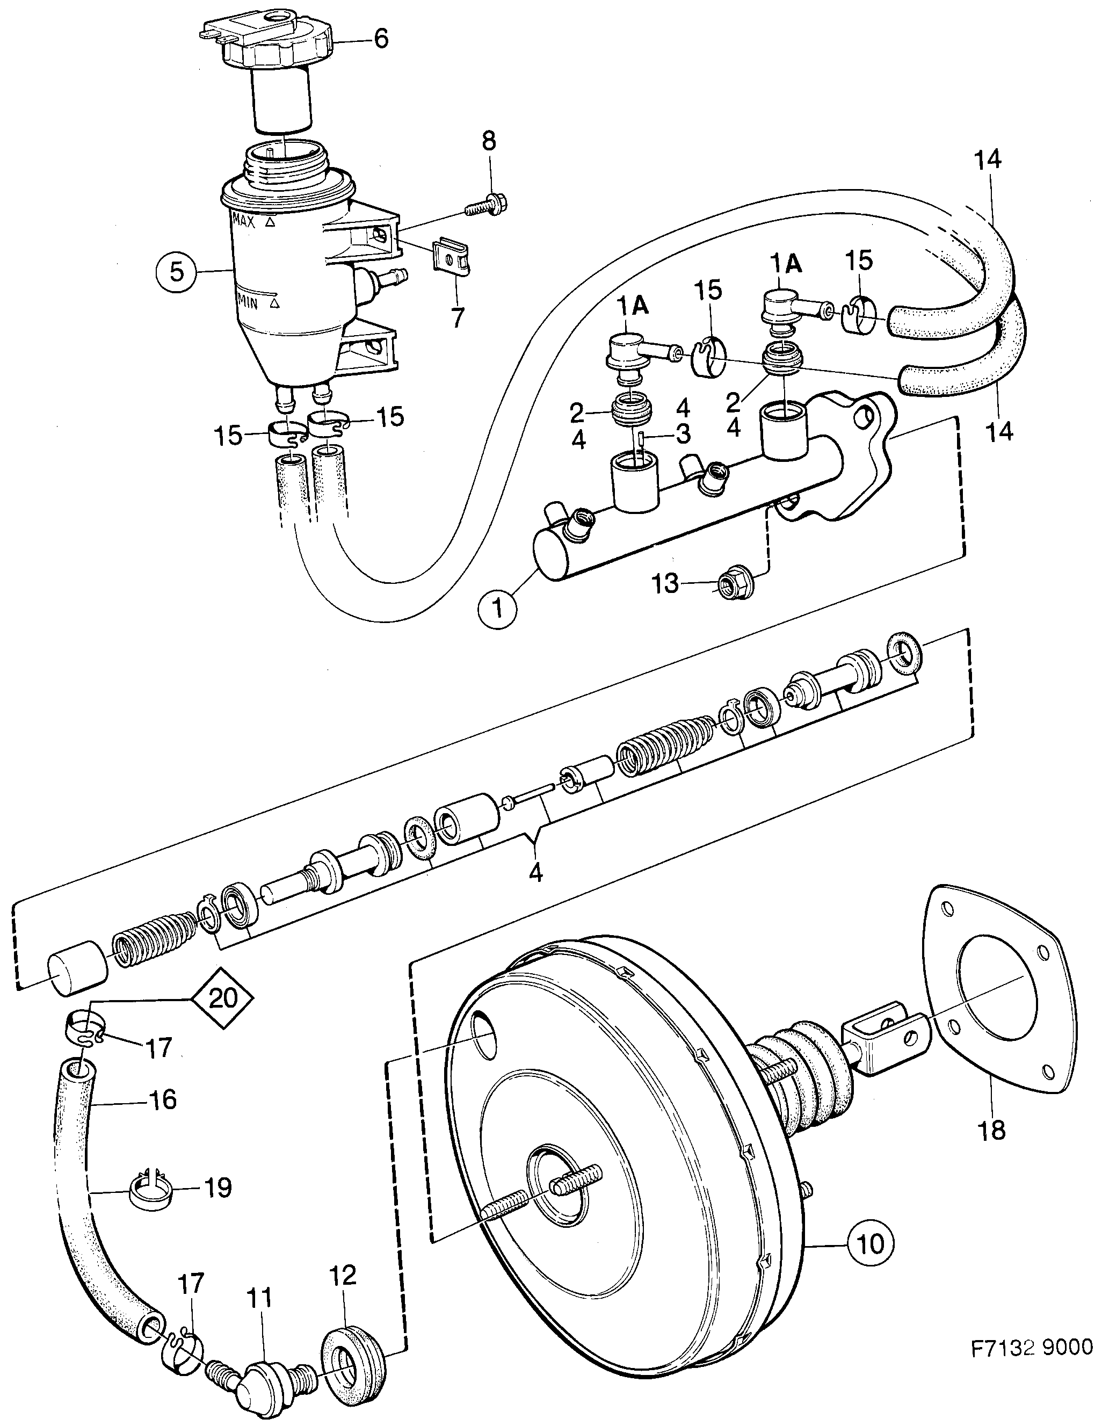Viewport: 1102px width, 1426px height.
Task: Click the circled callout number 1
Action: [x=498, y=609]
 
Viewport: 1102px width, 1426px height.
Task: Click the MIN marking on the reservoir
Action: [x=249, y=303]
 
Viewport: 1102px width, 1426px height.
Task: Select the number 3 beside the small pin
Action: [x=683, y=433]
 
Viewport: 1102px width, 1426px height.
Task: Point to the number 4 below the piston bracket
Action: [x=535, y=872]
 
